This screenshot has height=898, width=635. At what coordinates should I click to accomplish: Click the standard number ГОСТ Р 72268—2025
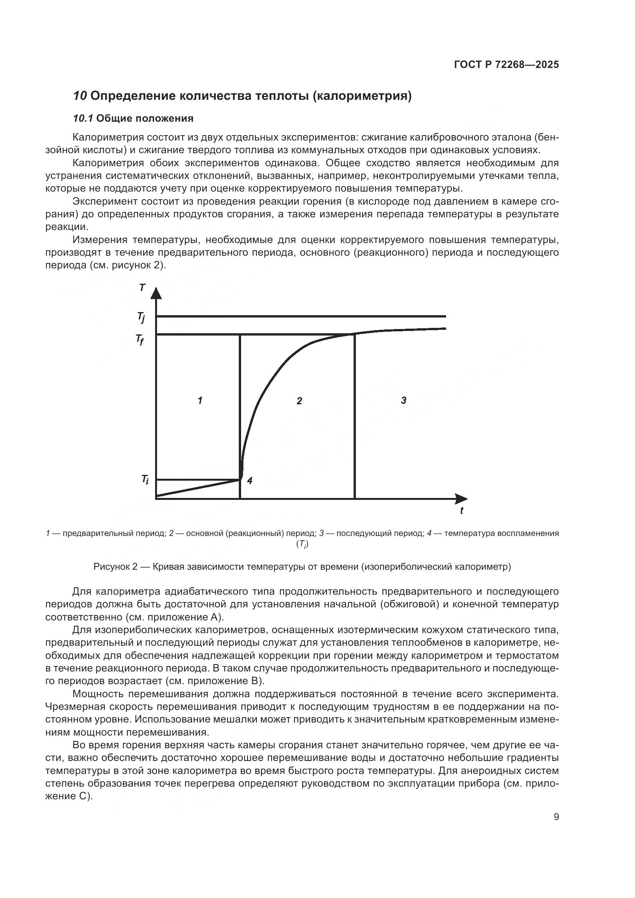pos(506,64)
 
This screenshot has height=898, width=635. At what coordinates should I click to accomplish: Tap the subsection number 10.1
pos(83,118)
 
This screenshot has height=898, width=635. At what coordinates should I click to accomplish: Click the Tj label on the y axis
pos(141,317)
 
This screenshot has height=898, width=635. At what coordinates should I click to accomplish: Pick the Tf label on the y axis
pos(140,339)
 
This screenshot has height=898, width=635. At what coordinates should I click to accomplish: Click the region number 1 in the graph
pos(200,400)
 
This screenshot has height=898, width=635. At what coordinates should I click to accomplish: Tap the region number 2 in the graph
pos(299,400)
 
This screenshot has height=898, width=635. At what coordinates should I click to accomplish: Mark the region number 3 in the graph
pos(403,400)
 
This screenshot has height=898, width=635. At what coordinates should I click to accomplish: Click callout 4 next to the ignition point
pos(250,480)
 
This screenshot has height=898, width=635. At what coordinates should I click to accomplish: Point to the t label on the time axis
pos(462,510)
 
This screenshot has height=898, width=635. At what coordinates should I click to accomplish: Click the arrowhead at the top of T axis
pos(155,293)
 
